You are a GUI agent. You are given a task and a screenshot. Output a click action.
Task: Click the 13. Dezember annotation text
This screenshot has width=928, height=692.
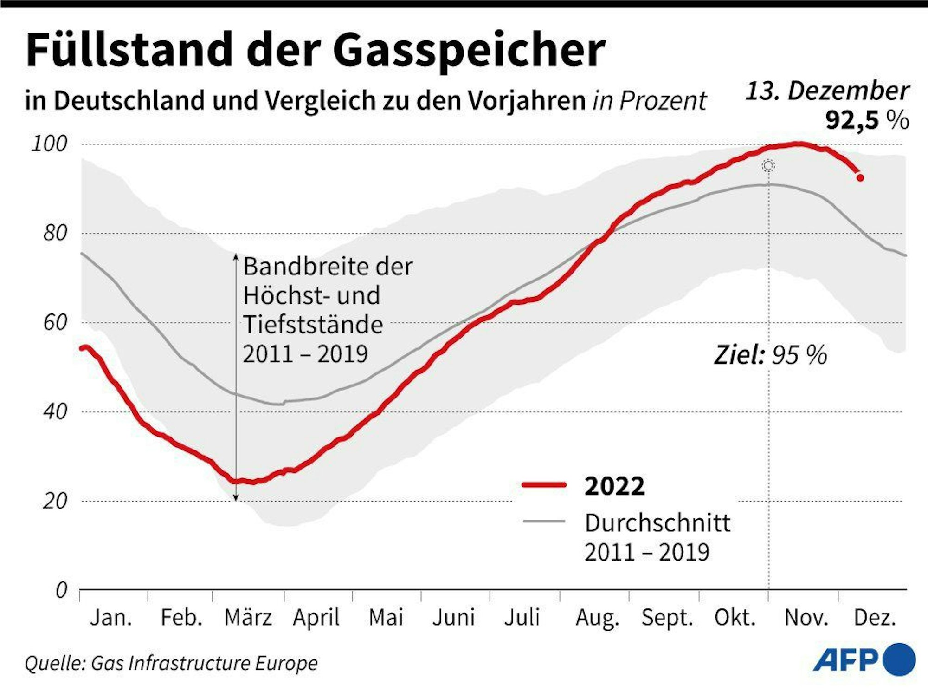pos(827,91)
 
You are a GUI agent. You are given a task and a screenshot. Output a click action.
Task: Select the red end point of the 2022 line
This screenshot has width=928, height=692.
pos(860,178)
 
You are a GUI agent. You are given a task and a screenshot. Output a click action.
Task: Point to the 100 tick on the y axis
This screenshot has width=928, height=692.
pos(49,144)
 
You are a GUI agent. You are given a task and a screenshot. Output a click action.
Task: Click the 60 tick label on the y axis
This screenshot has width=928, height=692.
pos(55,322)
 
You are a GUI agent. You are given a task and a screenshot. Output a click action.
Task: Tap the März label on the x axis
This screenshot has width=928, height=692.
pos(248,618)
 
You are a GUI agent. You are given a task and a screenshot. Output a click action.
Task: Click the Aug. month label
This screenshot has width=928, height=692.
pos(597,618)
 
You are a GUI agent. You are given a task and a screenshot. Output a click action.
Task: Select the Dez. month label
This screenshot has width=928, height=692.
pos(875,618)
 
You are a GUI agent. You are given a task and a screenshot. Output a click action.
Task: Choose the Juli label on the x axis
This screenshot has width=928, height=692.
pos(522,618)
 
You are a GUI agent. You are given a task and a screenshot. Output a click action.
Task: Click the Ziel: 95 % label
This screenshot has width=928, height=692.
pos(770,355)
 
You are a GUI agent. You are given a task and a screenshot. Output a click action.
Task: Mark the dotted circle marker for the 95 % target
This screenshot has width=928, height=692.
pos(768,166)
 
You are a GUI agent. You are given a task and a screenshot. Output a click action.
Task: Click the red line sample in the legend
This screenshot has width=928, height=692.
pos(544,485)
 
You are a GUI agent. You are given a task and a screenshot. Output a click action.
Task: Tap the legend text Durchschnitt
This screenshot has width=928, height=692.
pos(657,523)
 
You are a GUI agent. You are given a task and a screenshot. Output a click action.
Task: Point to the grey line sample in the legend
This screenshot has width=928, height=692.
pos(544,522)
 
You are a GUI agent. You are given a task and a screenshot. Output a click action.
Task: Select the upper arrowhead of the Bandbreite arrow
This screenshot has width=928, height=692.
pos(236,256)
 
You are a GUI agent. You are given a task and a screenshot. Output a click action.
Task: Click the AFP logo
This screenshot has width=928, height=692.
pos(864,659)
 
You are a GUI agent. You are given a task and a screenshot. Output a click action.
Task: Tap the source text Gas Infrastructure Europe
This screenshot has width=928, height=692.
pos(204,663)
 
